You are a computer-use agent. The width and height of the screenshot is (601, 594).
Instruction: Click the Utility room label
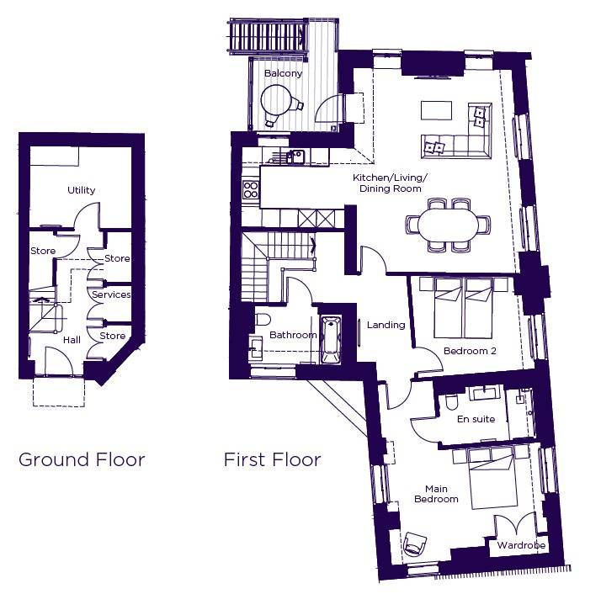tap(82, 190)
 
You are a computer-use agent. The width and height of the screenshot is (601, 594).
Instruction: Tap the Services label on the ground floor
tap(111, 294)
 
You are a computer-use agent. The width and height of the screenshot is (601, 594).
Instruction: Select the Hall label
tap(72, 340)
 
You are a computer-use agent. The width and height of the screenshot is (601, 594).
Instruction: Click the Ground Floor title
tap(82, 459)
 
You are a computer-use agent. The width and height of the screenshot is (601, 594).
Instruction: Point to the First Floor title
tap(272, 459)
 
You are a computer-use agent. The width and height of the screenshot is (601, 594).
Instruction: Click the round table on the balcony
tap(275, 99)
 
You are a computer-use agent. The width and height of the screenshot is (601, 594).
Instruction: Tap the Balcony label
tap(284, 73)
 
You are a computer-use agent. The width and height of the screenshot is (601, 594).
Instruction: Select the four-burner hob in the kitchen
tap(251, 190)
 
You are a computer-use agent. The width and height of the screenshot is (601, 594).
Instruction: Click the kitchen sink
tap(296, 156)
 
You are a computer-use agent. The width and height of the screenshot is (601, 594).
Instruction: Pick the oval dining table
tap(448, 225)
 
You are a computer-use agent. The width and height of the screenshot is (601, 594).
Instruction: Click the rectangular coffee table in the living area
tap(436, 110)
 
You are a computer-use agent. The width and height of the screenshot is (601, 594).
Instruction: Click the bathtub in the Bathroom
tap(331, 340)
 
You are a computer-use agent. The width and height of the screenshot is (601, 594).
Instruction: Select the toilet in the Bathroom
tap(262, 319)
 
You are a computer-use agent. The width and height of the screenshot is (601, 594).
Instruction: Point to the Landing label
tap(386, 325)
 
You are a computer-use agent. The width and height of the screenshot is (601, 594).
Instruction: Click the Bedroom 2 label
tap(470, 351)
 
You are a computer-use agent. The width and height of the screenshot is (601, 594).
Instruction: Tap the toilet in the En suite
tap(451, 402)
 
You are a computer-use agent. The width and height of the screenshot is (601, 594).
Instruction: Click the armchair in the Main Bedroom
tap(415, 544)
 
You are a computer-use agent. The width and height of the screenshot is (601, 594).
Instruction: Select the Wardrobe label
tap(521, 545)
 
